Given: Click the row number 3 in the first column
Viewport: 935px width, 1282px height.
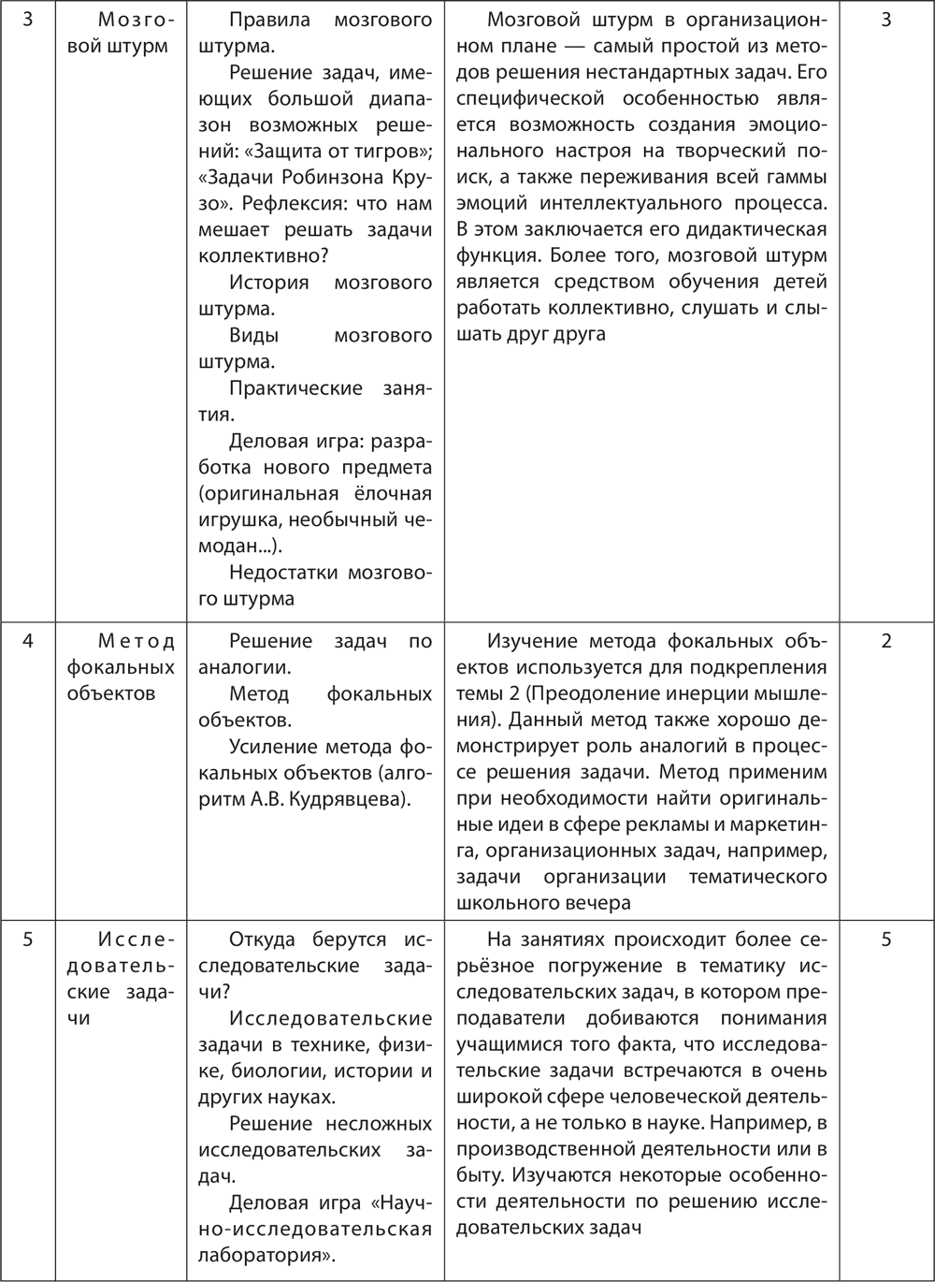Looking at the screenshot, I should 27,20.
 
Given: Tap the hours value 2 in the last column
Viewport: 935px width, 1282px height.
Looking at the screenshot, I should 886,641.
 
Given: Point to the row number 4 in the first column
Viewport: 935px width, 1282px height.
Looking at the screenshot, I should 27,641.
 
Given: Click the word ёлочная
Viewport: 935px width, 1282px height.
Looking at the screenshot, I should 393,493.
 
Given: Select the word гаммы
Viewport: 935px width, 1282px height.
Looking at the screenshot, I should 798,177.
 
